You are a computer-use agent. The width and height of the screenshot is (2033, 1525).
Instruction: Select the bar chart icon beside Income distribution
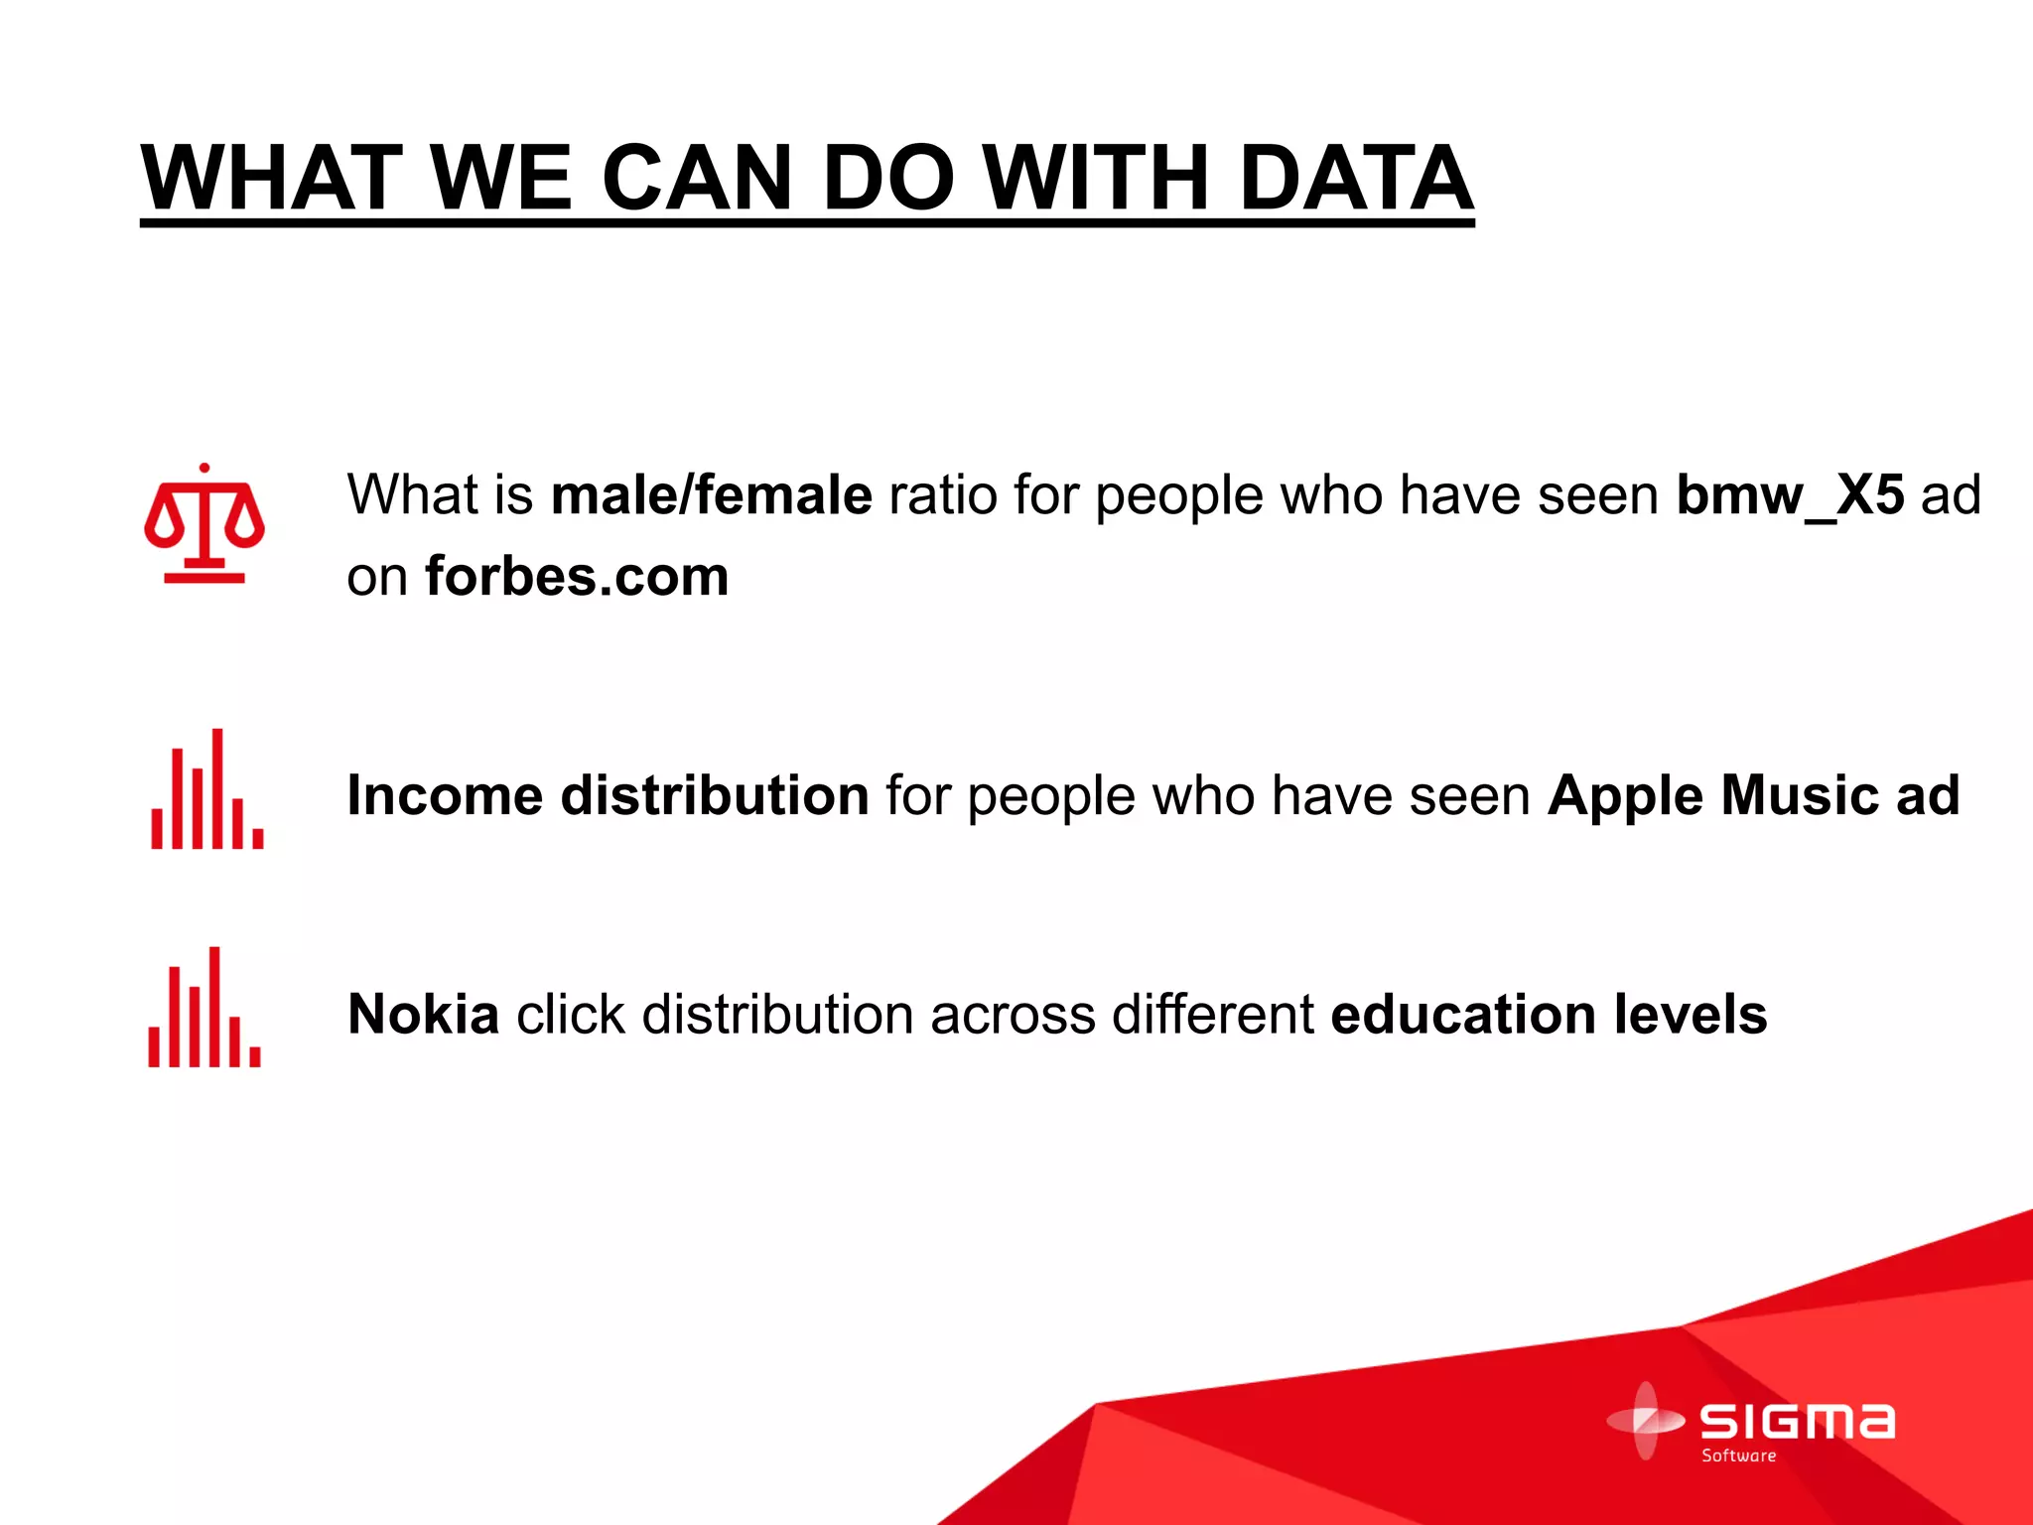click(207, 790)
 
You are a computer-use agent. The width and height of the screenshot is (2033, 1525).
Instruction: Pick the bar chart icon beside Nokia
click(204, 1009)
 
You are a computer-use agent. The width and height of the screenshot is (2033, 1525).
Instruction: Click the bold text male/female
click(711, 494)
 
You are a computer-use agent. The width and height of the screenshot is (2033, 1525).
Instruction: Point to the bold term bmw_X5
click(1790, 494)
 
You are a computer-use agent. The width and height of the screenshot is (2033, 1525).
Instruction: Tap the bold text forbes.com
click(577, 576)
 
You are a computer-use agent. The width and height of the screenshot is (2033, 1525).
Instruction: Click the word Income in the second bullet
click(445, 795)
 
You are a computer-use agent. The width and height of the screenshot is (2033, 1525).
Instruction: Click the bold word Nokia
click(423, 1014)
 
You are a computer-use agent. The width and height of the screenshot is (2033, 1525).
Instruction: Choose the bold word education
click(1463, 1014)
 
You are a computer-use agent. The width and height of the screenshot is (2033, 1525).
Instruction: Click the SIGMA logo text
click(1797, 1422)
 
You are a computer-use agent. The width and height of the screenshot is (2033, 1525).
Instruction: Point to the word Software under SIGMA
click(1738, 1456)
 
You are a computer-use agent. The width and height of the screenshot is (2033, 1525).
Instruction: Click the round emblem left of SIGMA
click(1645, 1421)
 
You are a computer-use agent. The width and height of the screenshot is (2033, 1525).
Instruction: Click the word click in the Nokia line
click(571, 1014)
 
